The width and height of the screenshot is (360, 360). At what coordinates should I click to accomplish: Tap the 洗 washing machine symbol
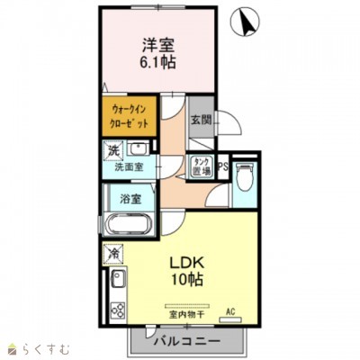[113, 149]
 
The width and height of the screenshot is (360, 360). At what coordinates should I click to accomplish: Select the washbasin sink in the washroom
[138, 148]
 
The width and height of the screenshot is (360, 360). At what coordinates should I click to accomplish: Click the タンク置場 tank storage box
[200, 166]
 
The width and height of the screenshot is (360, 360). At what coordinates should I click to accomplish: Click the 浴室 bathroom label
[128, 199]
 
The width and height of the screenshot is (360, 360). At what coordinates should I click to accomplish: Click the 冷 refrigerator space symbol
[113, 255]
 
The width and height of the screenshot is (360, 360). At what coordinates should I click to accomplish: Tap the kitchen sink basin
[116, 283]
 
